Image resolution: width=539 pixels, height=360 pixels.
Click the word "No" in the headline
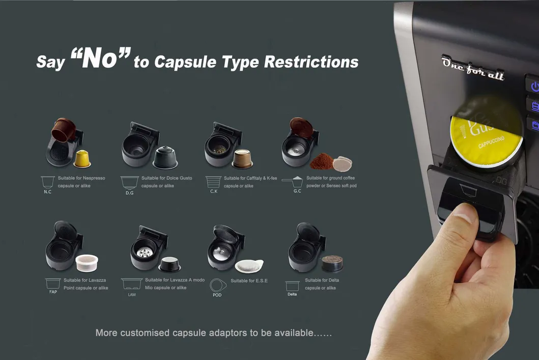[100, 59]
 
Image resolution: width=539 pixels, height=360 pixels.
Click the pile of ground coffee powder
[321, 161]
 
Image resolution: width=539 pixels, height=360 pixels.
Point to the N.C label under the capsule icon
[47, 192]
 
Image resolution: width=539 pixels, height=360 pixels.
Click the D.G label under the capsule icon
[130, 193]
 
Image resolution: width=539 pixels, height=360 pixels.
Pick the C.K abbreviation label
[214, 191]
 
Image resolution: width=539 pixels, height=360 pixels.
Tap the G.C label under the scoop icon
[297, 191]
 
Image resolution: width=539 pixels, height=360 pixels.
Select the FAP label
[53, 292]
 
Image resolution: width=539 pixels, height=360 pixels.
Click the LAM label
[132, 295]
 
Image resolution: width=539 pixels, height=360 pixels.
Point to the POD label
[217, 295]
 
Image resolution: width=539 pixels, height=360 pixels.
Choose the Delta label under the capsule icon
[292, 294]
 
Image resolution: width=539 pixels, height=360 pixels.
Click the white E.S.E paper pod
[249, 266]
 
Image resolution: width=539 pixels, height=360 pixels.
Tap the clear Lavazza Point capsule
[87, 263]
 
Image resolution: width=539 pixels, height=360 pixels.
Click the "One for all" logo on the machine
[473, 67]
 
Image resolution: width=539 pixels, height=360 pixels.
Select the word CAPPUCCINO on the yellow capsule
[491, 142]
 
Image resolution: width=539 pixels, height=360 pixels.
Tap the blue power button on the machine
[534, 86]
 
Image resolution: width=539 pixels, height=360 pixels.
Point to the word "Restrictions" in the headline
[311, 62]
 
